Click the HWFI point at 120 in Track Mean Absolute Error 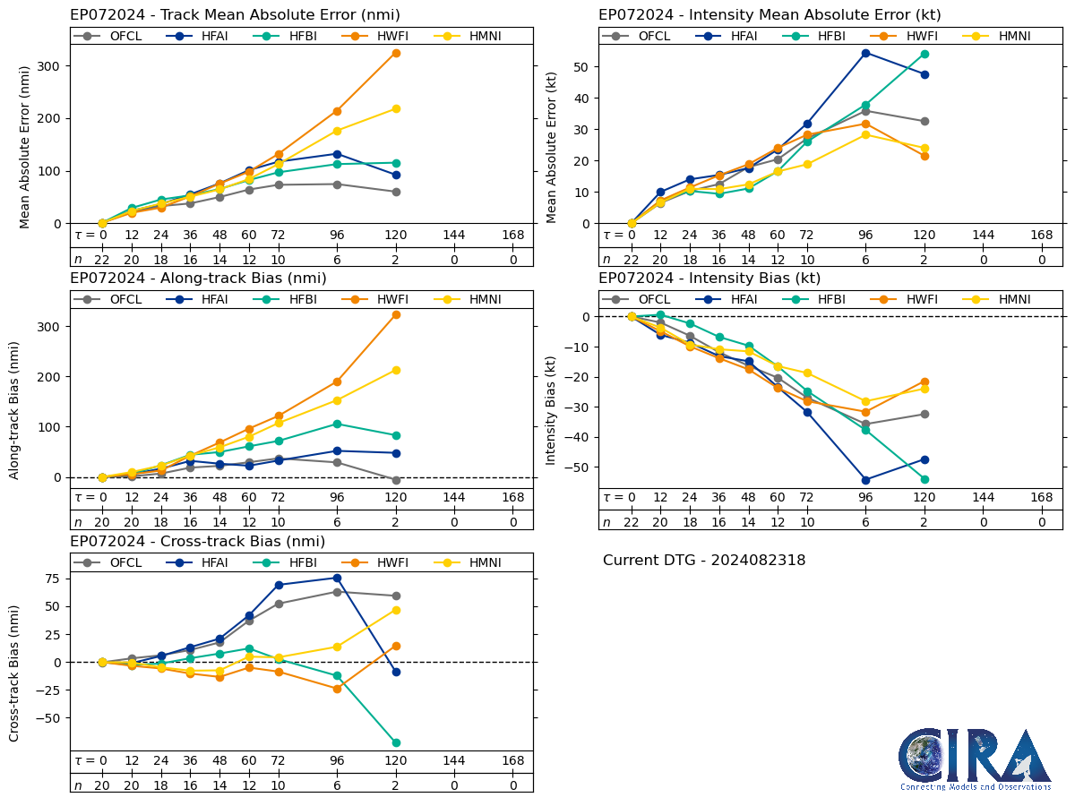pyautogui.click(x=396, y=53)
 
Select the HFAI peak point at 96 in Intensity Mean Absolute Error pyautogui.click(x=865, y=53)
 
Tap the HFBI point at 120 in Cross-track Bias pyautogui.click(x=396, y=742)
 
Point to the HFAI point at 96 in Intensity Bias pyautogui.click(x=865, y=480)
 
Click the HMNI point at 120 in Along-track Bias pyautogui.click(x=396, y=370)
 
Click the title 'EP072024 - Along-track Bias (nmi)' pyautogui.click(x=198, y=279)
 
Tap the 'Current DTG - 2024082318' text pyautogui.click(x=704, y=561)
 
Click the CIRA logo pyautogui.click(x=975, y=759)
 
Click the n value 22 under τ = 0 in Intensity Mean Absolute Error pyautogui.click(x=631, y=260)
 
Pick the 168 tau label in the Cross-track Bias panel pyautogui.click(x=513, y=760)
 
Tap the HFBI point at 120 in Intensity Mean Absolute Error pyautogui.click(x=924, y=54)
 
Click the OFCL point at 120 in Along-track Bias pyautogui.click(x=396, y=480)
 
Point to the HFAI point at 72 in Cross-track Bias pyautogui.click(x=279, y=585)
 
